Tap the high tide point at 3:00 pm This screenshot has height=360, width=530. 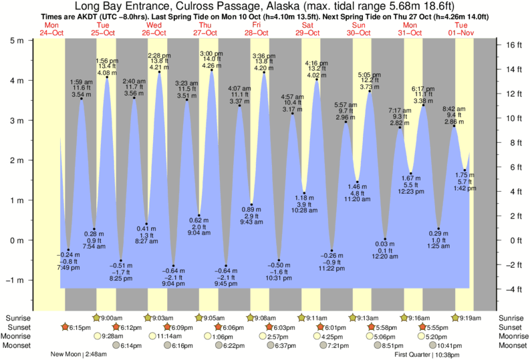[212, 70]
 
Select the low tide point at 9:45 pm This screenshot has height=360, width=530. [226, 266]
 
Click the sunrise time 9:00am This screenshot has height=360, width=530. [116, 317]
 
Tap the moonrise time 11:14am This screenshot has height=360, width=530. [169, 336]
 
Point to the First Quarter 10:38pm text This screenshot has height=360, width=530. [422, 354]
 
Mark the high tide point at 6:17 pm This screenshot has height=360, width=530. [423, 105]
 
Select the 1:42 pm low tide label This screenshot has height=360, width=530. [465, 188]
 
